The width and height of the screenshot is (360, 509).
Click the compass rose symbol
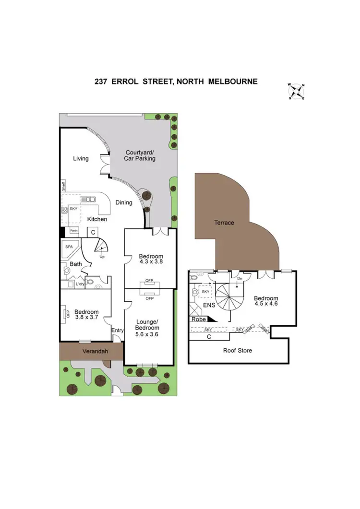coord(298,91)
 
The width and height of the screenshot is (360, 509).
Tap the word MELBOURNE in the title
coord(233,82)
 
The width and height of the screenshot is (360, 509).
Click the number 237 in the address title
coord(101,82)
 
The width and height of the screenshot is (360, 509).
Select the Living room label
coord(81,158)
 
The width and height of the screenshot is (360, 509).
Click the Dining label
coord(124,202)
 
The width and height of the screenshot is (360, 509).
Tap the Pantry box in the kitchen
coord(74,231)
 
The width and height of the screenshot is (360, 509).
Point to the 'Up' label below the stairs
coord(102,257)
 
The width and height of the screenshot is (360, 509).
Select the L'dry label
coord(80,284)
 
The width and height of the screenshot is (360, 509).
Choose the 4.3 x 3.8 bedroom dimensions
coord(151,262)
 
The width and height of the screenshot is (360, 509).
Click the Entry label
coord(118,330)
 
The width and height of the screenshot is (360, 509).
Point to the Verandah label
coord(95,351)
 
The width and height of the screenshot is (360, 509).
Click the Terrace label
coord(224,223)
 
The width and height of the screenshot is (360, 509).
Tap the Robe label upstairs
coord(198,320)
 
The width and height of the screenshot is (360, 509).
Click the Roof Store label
coord(238,350)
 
